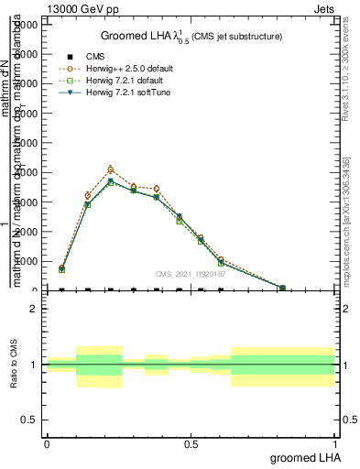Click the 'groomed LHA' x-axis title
click(x=306, y=457)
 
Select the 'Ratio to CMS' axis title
click(x=14, y=365)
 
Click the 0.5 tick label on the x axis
click(x=191, y=443)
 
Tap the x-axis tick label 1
click(x=334, y=443)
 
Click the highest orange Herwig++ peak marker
click(x=111, y=169)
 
